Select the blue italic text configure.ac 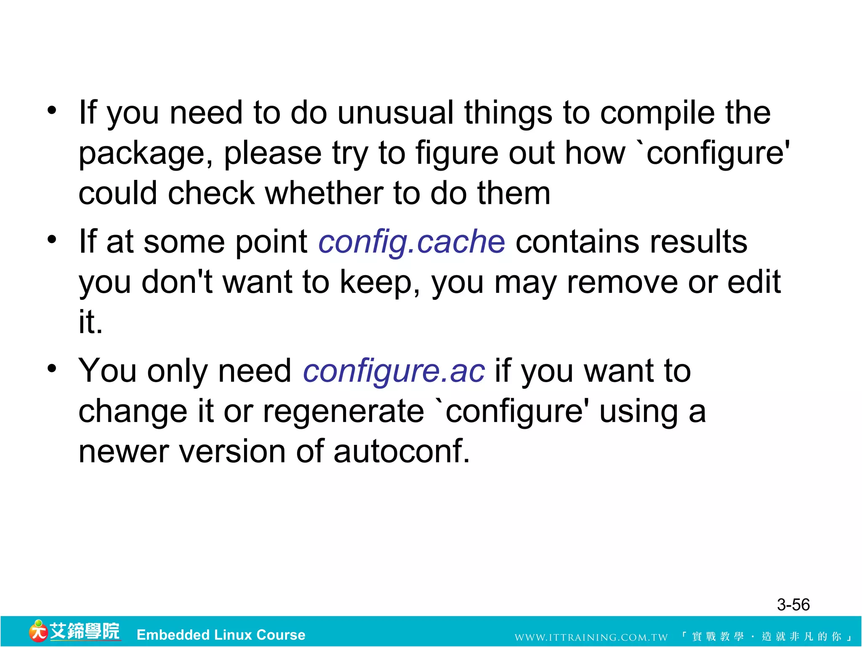tap(394, 371)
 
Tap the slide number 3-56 tap(793, 605)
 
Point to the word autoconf tap(402, 452)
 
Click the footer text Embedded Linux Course tap(221, 635)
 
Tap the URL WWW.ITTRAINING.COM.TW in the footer tap(591, 637)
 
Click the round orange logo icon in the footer tap(38, 631)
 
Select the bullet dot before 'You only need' tap(52, 369)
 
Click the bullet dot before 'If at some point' tap(52, 240)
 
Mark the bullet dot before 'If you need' tap(52, 111)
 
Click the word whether tap(323, 194)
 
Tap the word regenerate tap(343, 412)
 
